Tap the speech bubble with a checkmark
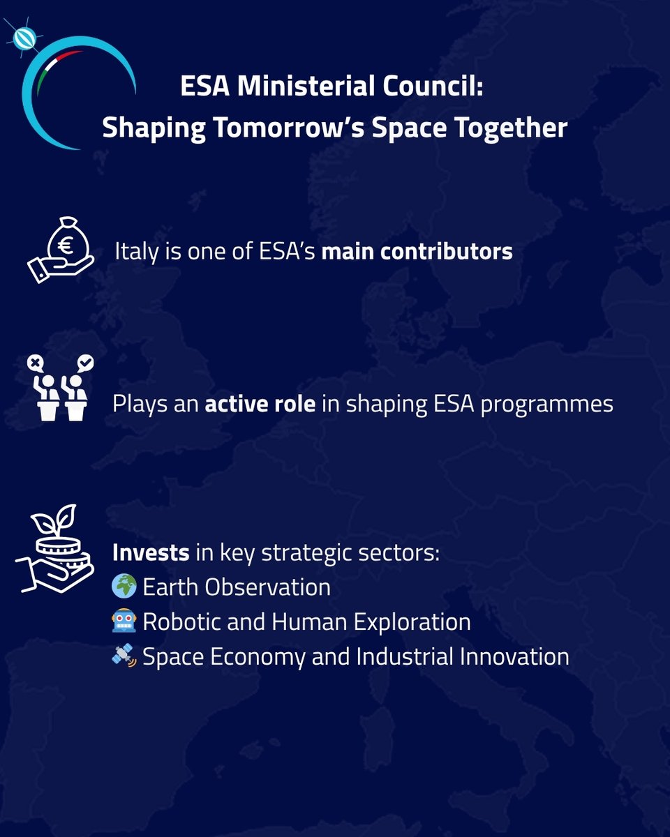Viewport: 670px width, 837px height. (85, 363)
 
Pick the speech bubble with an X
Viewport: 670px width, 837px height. (34, 363)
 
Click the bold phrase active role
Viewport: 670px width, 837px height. (260, 405)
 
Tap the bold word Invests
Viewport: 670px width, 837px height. (151, 554)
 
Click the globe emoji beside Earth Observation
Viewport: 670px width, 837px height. (124, 587)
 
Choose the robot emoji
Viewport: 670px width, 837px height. (124, 621)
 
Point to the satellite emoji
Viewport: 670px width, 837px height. (124, 656)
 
